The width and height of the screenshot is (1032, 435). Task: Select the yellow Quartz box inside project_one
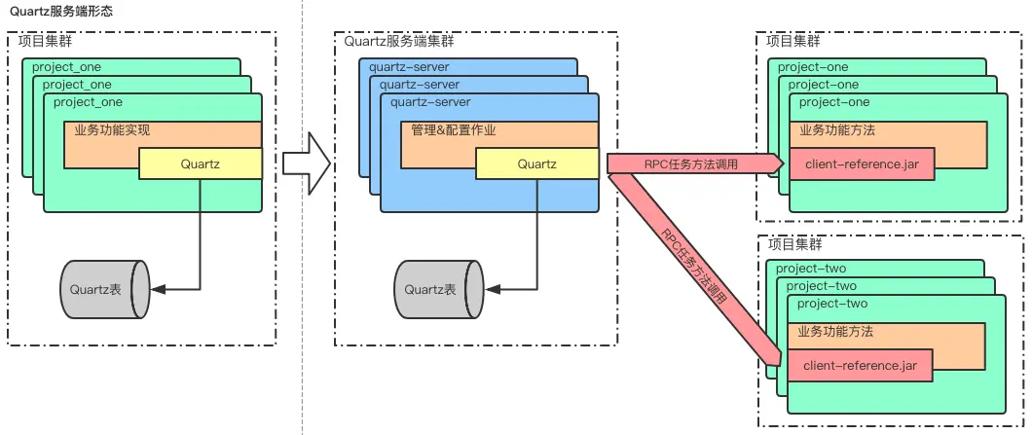pyautogui.click(x=200, y=163)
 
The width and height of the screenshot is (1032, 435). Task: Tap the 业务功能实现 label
pyautogui.click(x=112, y=129)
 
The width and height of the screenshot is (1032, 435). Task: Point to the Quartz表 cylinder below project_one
pyautogui.click(x=104, y=289)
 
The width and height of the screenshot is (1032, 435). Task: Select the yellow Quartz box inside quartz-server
pyautogui.click(x=536, y=163)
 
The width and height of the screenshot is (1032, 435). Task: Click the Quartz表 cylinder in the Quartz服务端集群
pyautogui.click(x=438, y=289)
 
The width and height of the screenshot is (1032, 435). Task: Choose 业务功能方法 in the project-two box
pyautogui.click(x=834, y=332)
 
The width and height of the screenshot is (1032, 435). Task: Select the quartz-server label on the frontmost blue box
pyautogui.click(x=430, y=102)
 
